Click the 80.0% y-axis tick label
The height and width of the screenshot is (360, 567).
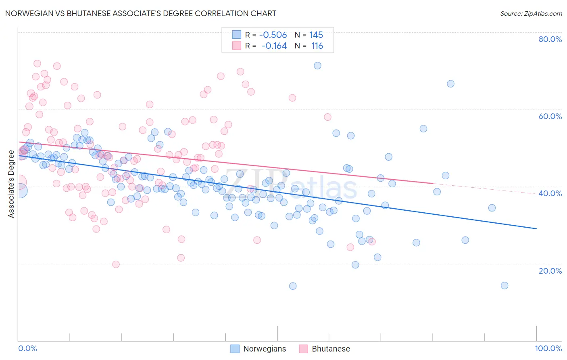click(x=550, y=39)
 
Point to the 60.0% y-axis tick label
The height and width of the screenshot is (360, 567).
click(x=550, y=116)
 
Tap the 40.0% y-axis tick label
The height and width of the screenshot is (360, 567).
click(x=550, y=193)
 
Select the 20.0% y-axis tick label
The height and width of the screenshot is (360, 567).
click(x=550, y=270)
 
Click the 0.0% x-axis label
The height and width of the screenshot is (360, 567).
click(x=27, y=348)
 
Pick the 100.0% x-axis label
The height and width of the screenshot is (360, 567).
click(x=548, y=348)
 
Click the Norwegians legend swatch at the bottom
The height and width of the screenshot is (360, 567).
click(x=235, y=349)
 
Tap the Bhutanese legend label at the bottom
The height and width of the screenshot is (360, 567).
click(x=331, y=349)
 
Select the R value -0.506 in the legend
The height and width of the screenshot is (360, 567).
click(x=273, y=35)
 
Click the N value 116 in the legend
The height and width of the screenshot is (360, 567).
click(x=317, y=46)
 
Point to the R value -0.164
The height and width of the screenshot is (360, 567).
click(x=274, y=46)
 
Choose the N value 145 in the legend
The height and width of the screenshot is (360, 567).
click(x=316, y=35)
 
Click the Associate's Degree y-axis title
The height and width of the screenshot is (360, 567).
click(x=11, y=184)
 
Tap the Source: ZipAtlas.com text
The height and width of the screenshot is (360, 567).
click(x=531, y=13)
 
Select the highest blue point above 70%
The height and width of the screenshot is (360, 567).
click(x=317, y=65)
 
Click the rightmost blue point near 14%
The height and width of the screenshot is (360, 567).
click(x=504, y=285)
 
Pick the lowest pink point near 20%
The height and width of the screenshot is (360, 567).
click(x=116, y=264)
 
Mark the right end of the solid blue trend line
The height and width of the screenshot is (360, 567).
click(x=536, y=228)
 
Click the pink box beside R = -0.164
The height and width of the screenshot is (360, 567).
click(x=236, y=46)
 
